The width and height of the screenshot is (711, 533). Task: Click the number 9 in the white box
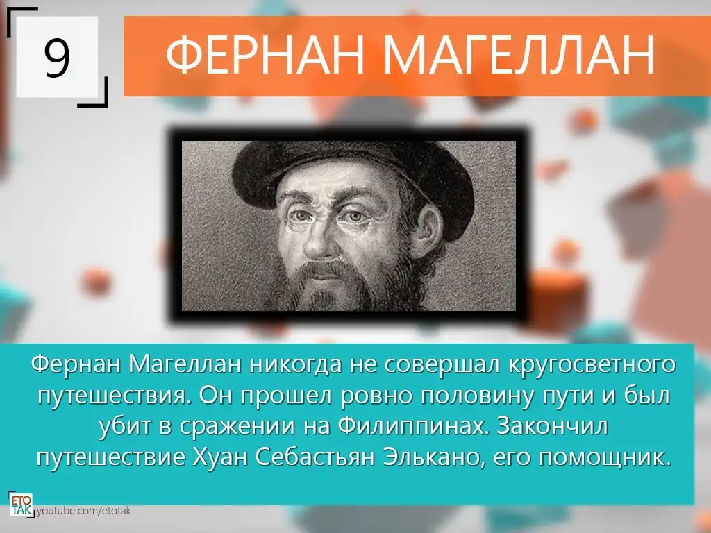[x=57, y=57]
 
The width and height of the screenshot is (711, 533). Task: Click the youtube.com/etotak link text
[x=83, y=511]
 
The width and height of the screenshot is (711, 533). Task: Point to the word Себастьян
[x=315, y=457]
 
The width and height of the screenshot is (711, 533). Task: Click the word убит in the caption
[x=128, y=427]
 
